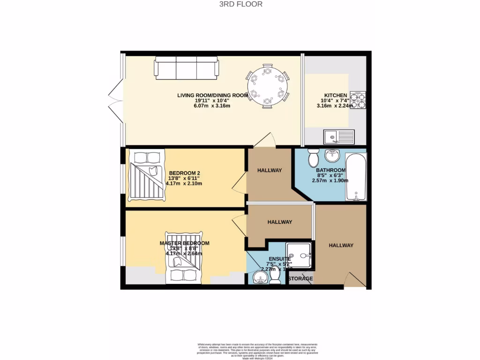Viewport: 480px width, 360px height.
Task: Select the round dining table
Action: (x=267, y=86)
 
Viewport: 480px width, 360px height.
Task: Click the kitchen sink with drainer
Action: (x=339, y=137)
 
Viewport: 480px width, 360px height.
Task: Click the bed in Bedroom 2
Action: (x=146, y=175)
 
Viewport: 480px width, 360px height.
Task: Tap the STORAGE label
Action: (x=300, y=279)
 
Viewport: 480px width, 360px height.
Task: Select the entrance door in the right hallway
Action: (x=355, y=280)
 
